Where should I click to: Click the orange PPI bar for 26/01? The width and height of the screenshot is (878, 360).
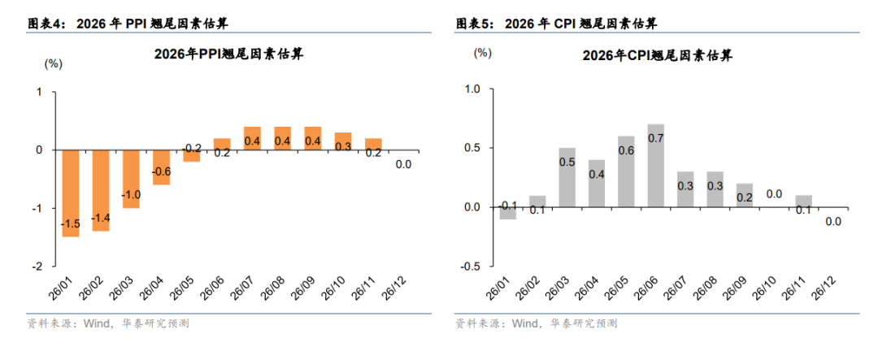click(x=70, y=193)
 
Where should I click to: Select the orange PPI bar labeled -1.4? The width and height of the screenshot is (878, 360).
click(x=101, y=190)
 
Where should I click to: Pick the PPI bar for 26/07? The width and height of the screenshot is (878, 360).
click(x=252, y=138)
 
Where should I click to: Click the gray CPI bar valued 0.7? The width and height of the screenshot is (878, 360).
click(x=656, y=166)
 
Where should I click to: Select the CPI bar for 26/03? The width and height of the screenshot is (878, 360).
click(x=567, y=178)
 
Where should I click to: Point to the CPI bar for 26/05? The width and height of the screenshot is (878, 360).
click(x=626, y=171)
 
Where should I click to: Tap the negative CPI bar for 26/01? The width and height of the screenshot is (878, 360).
click(x=507, y=213)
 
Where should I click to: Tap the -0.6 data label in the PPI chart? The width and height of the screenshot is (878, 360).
click(x=161, y=171)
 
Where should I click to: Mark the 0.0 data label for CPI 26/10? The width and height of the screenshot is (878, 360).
click(x=774, y=194)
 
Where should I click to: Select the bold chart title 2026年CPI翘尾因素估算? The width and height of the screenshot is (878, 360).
click(x=657, y=55)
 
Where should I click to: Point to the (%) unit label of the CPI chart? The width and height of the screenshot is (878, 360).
click(x=482, y=53)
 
